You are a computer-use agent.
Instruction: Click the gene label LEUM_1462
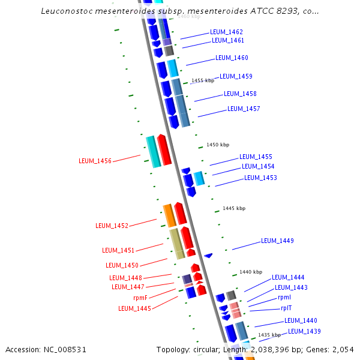click(x=226, y=32)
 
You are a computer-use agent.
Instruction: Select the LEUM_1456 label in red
click(x=95, y=161)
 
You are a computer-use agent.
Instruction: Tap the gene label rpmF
click(x=140, y=297)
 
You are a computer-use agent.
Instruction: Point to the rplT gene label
click(x=286, y=308)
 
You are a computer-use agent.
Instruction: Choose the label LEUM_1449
click(x=277, y=241)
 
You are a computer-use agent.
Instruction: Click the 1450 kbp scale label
click(x=218, y=145)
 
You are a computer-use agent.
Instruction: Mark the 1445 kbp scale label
click(x=234, y=208)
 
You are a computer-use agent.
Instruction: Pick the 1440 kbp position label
click(x=251, y=272)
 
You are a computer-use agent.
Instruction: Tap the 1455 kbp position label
click(x=202, y=80)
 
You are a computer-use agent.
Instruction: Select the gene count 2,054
click(x=343, y=349)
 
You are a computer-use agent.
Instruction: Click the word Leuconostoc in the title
click(x=69, y=11)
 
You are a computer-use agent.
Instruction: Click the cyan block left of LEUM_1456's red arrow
click(x=152, y=151)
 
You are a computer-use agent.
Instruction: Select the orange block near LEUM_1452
click(x=169, y=215)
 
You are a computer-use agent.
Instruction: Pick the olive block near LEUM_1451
click(x=176, y=244)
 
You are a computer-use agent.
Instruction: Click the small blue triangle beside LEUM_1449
click(x=208, y=256)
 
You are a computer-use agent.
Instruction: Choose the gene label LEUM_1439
click(x=304, y=331)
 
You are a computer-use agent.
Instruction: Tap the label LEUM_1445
click(x=134, y=308)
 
